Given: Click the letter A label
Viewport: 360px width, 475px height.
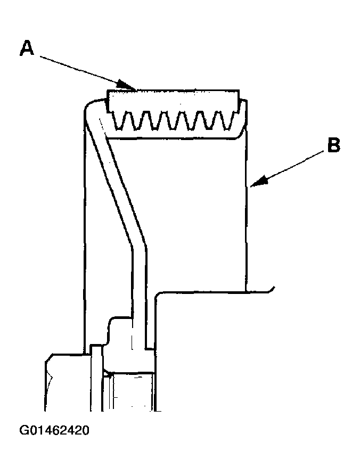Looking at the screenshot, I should click(27, 48).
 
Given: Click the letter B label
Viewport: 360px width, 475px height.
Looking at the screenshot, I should click(333, 145).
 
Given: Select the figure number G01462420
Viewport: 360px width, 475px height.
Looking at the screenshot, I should click(54, 430).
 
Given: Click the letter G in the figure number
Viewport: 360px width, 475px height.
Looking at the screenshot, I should click(24, 430).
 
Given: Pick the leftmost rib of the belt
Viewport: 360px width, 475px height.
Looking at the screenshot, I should click(120, 120).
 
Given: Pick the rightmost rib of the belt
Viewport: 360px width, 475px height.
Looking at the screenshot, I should click(228, 120).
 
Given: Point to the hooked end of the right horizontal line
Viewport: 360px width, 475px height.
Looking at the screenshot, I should click(272, 290).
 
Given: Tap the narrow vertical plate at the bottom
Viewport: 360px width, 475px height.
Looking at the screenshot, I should click(96, 378).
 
